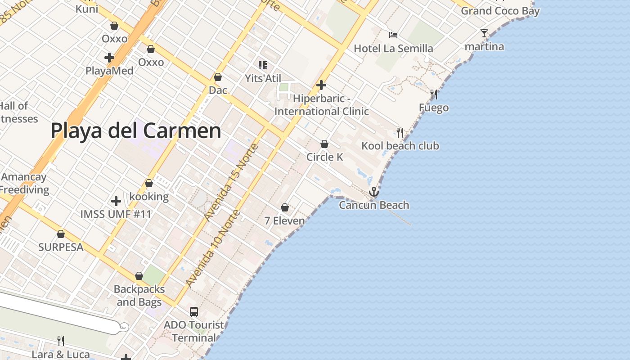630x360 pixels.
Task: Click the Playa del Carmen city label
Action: point(136,131)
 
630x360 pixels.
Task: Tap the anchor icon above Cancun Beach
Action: point(374,192)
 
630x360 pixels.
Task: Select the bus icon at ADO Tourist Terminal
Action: point(194,311)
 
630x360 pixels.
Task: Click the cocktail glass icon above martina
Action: point(484,33)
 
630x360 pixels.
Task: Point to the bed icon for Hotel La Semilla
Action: point(393,35)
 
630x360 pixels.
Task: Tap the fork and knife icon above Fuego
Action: point(434,94)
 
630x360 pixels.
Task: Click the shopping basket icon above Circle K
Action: point(324,144)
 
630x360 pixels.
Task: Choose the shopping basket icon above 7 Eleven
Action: point(285,207)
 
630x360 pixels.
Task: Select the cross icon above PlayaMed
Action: point(109,58)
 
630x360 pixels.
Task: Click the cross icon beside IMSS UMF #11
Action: point(116,201)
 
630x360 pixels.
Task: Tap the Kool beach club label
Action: point(400,146)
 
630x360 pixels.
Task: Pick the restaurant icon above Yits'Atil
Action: point(263,65)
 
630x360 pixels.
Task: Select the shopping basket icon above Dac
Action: point(218,77)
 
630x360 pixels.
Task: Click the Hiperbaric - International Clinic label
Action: point(321,105)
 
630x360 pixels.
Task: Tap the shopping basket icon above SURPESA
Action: point(61,234)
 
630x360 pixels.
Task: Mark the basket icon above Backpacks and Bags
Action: point(139,276)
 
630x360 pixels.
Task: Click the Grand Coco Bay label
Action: point(500,11)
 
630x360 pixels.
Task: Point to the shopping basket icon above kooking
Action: point(149,184)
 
